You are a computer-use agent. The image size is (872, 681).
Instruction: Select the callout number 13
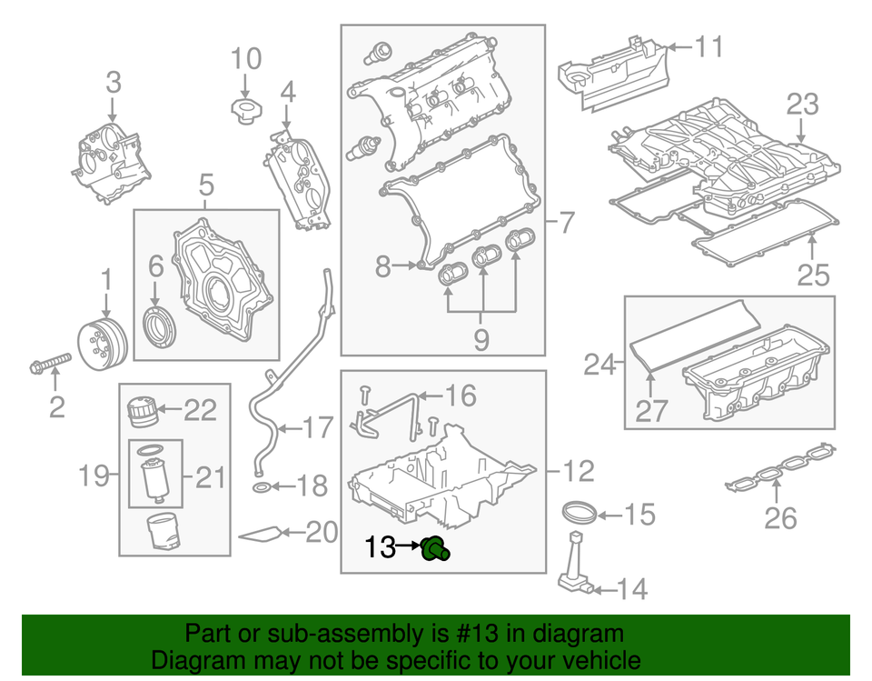381,547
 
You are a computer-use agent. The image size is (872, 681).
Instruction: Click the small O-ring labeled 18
261,489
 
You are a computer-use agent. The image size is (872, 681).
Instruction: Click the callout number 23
803,105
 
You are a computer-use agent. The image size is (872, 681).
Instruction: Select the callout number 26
780,518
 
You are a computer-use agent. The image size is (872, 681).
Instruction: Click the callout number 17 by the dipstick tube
318,427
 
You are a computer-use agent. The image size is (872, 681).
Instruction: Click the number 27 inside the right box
651,413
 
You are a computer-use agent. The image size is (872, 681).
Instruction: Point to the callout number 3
113,83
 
